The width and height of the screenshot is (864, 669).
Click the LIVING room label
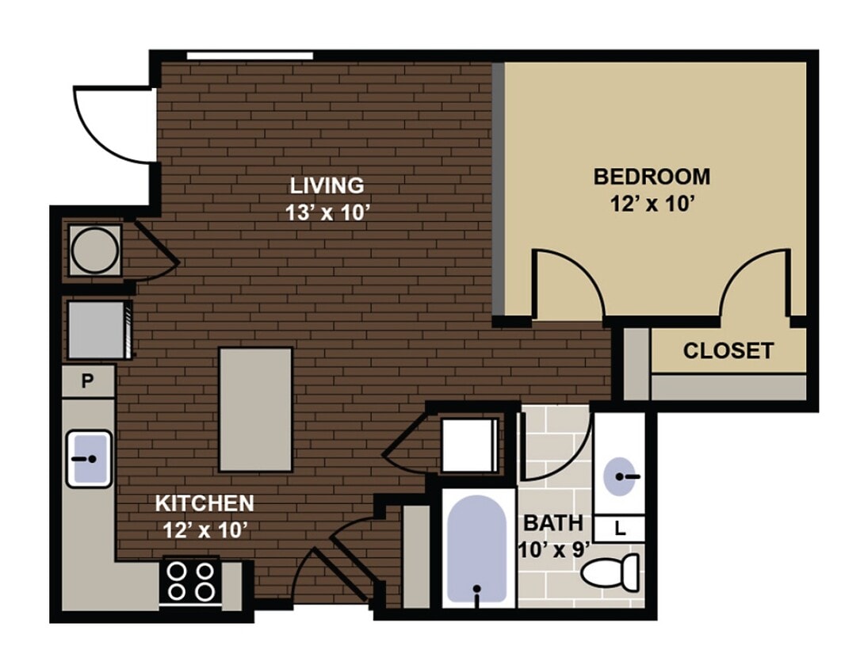(327, 185)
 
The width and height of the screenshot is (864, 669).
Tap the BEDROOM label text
(652, 176)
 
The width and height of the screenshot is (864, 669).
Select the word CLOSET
(728, 350)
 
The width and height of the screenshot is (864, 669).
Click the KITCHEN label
(204, 503)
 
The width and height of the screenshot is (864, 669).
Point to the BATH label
(553, 523)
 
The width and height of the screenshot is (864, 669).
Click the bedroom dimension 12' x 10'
(652, 204)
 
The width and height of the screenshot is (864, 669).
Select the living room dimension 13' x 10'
(327, 213)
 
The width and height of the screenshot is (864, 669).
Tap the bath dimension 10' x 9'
(553, 549)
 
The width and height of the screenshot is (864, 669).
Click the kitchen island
(255, 409)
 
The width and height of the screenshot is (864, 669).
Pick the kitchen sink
(88, 458)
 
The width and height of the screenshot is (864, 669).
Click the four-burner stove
(190, 581)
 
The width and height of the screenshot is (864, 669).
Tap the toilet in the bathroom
(613, 571)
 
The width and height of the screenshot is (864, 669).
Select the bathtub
(476, 549)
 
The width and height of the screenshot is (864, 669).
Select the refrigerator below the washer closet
(96, 329)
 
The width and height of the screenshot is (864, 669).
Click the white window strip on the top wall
(250, 55)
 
